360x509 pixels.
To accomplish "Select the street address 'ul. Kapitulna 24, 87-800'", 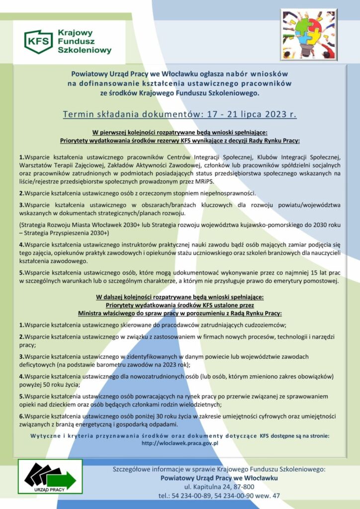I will [219, 486].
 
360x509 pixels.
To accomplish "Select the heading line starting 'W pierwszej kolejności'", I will [180, 132].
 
